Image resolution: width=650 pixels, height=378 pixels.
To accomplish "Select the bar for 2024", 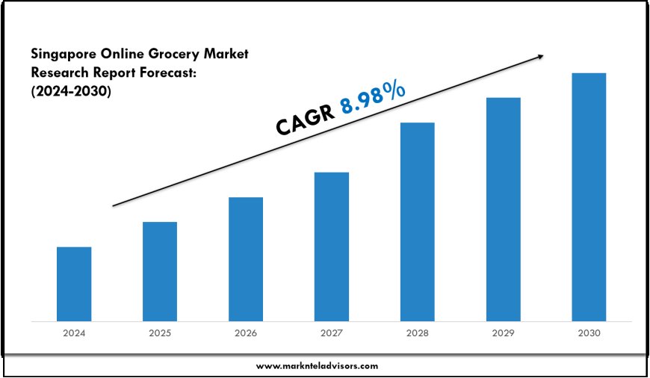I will click(74, 284).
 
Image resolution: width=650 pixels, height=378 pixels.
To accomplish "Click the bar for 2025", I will click(160, 271).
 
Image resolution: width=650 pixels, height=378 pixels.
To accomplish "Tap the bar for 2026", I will click(246, 259).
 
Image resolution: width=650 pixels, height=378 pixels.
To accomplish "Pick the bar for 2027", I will click(332, 247).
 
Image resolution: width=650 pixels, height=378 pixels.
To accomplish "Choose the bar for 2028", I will click(417, 222).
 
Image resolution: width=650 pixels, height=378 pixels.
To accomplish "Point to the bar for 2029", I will click(503, 209).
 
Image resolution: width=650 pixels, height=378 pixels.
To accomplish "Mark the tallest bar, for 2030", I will click(589, 197).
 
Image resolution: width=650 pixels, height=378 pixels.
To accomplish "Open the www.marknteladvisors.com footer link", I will click(318, 366).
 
